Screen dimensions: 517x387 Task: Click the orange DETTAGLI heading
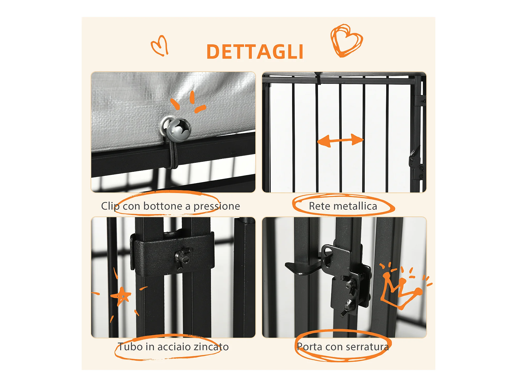click(255, 52)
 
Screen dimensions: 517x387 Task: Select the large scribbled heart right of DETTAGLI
click(346, 41)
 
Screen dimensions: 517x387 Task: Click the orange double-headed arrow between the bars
click(340, 140)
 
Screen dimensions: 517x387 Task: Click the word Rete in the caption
click(320, 206)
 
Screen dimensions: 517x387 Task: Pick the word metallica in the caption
click(355, 206)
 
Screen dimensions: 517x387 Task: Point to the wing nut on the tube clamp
click(183, 257)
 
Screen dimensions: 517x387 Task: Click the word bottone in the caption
click(163, 206)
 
